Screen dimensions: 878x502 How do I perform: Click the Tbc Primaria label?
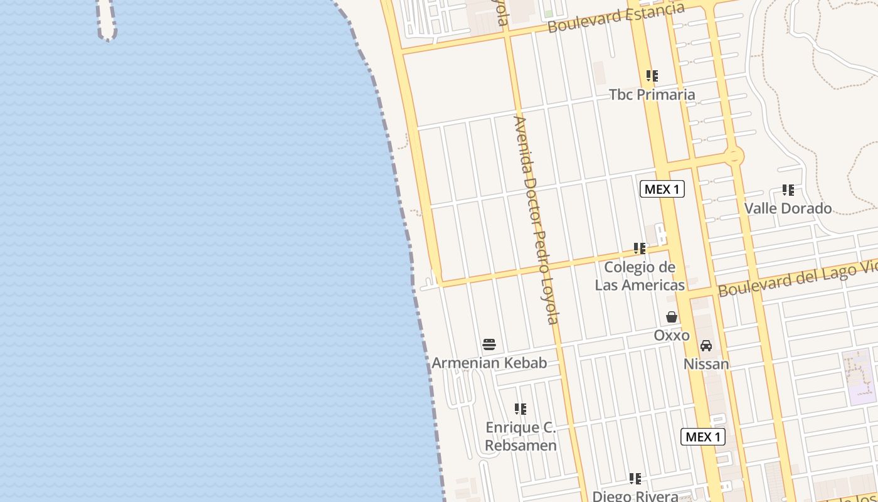pyautogui.click(x=652, y=95)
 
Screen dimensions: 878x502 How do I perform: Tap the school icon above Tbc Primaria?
pyautogui.click(x=652, y=76)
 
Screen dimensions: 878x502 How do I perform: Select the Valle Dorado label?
pyautogui.click(x=788, y=208)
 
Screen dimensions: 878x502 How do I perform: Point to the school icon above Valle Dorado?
pyautogui.click(x=788, y=190)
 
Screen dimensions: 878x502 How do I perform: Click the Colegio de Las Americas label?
pyautogui.click(x=640, y=276)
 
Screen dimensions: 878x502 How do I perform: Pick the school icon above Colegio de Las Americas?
pyautogui.click(x=640, y=248)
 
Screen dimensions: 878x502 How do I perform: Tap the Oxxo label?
pyautogui.click(x=672, y=335)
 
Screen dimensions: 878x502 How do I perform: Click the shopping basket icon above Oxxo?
pyautogui.click(x=672, y=317)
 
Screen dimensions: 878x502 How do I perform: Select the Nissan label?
pyautogui.click(x=706, y=364)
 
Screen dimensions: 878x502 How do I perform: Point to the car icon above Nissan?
pyautogui.click(x=706, y=346)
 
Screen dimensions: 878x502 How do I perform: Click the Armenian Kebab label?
pyautogui.click(x=489, y=363)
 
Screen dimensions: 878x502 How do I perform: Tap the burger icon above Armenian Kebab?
pyautogui.click(x=489, y=344)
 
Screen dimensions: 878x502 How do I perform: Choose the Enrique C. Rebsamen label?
pyautogui.click(x=521, y=437)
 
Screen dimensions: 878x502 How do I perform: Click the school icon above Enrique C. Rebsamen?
pyautogui.click(x=521, y=409)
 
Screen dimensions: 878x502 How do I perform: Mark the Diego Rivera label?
pyautogui.click(x=635, y=496)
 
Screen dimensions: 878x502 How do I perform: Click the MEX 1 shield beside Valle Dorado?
pyautogui.click(x=662, y=189)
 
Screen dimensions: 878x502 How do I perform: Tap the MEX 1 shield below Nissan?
pyautogui.click(x=703, y=437)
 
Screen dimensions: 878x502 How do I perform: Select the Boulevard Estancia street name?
pyautogui.click(x=615, y=18)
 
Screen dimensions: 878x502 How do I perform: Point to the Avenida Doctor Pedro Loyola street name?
pyautogui.click(x=536, y=220)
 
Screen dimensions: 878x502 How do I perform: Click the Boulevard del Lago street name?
pyautogui.click(x=796, y=279)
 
